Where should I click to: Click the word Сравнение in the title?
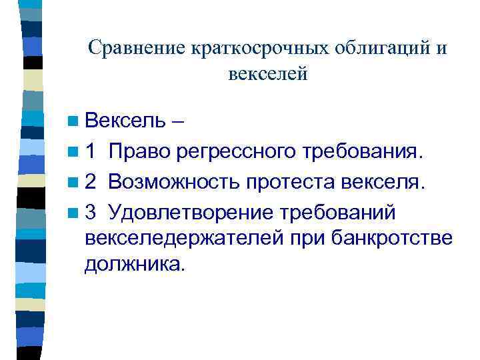pyautogui.click(x=137, y=48)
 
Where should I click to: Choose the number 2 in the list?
pyautogui.click(x=91, y=181)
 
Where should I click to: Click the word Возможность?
pyautogui.click(x=173, y=181)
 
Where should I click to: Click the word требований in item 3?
pyautogui.click(x=338, y=211)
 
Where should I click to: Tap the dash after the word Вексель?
pyautogui.click(x=178, y=122)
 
